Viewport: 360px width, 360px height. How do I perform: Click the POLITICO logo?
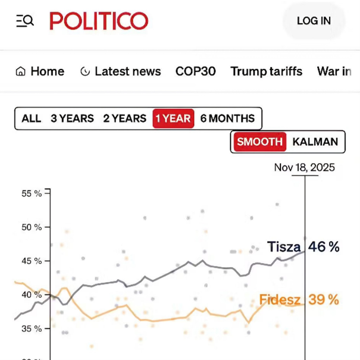(99, 21)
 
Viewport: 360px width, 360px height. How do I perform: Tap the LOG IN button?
(314, 21)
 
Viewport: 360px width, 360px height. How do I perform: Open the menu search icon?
(25, 21)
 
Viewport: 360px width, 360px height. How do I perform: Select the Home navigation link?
(40, 71)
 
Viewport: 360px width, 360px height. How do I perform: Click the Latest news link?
(120, 71)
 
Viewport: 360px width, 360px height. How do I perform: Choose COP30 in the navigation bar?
(195, 71)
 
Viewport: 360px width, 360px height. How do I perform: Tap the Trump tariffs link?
(267, 71)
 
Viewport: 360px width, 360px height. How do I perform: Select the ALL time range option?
(31, 118)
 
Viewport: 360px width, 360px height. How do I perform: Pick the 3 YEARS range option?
(72, 118)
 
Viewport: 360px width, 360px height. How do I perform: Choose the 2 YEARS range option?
(124, 118)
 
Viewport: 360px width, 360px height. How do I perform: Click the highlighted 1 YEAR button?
(173, 118)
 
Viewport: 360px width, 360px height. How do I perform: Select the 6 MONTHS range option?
(227, 118)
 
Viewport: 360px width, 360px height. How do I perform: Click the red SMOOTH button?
(259, 142)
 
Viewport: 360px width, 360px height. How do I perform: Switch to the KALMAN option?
(315, 142)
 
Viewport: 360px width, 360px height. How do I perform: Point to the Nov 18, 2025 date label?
(304, 167)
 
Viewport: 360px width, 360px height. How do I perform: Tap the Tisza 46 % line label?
(303, 246)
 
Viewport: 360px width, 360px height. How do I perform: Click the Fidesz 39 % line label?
(299, 299)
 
